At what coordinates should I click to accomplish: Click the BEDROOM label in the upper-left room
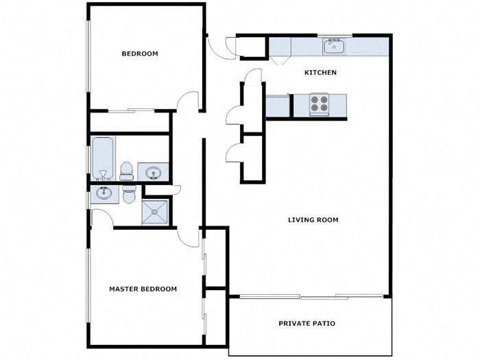[x=140, y=53]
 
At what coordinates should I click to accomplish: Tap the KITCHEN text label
[x=320, y=73]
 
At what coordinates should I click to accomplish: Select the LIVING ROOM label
[x=313, y=220]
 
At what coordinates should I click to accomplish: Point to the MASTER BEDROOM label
[x=143, y=289]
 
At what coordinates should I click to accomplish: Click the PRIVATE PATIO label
[x=307, y=323]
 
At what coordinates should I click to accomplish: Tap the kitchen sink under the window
[x=335, y=47]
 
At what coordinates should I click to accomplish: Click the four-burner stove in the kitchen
[x=319, y=104]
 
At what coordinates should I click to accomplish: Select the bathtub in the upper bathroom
[x=103, y=157]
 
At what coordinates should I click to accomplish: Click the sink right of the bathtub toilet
[x=152, y=172]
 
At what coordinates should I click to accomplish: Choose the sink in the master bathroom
[x=104, y=193]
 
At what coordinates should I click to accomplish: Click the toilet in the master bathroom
[x=128, y=195]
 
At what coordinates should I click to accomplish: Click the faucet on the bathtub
[x=103, y=172]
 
